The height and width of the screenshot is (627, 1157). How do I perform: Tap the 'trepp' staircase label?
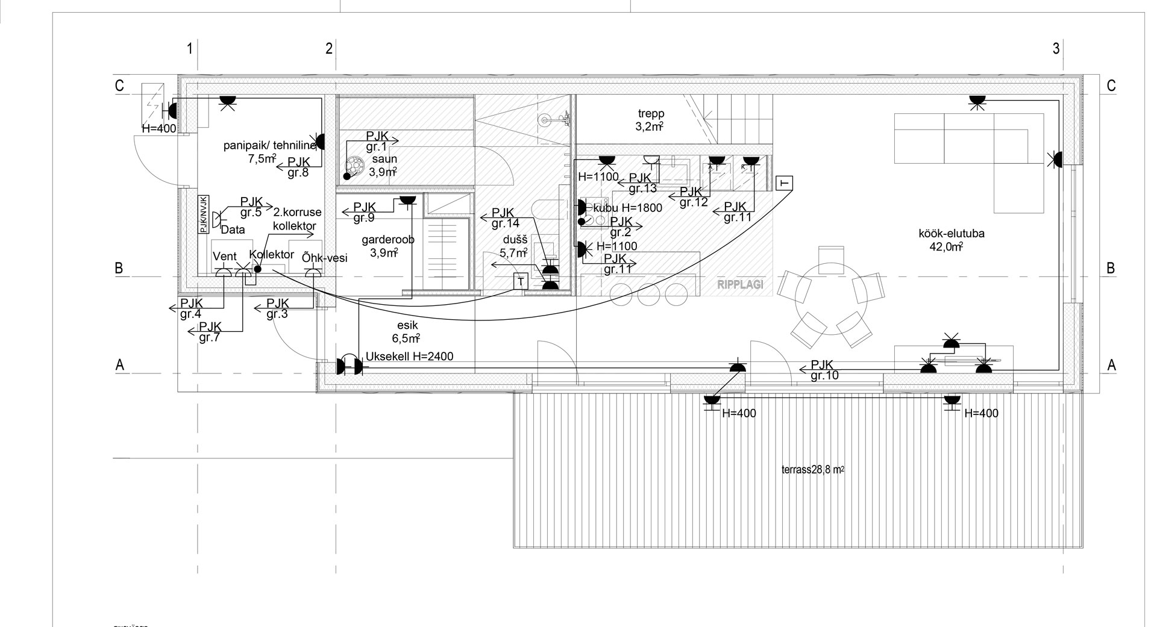(x=650, y=114)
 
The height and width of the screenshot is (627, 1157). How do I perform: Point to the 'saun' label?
(x=384, y=160)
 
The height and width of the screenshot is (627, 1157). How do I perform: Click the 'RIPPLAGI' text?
(x=740, y=285)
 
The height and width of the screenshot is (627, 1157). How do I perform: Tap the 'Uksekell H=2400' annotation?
(x=409, y=357)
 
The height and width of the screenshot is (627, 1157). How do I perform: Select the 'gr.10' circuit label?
(x=824, y=376)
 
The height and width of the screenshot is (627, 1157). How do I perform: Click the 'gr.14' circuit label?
(x=505, y=224)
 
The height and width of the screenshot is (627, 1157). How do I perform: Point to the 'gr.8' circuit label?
(x=298, y=173)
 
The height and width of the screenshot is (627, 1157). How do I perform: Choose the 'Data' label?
(x=233, y=229)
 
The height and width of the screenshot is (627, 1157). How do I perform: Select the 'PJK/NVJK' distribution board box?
(x=204, y=214)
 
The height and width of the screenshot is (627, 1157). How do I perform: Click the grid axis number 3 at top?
(x=1056, y=49)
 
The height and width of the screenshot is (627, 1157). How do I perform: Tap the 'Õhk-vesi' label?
(x=325, y=258)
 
